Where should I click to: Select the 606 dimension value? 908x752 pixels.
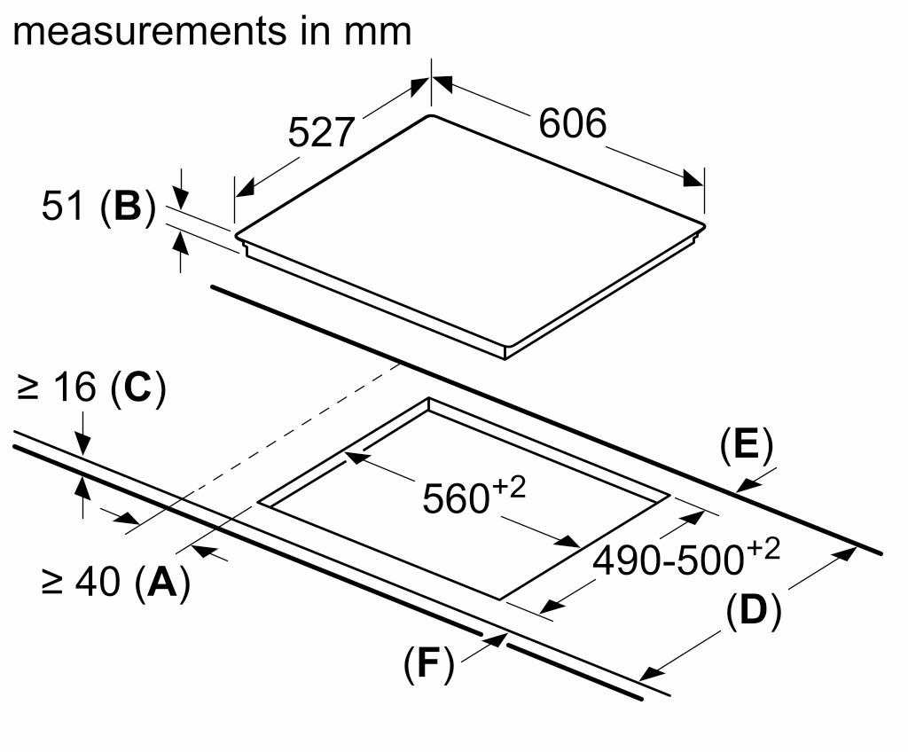[572, 123]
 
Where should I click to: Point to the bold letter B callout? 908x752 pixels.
[127, 207]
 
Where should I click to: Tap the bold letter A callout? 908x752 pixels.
[160, 583]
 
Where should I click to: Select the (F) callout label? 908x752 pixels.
[428, 664]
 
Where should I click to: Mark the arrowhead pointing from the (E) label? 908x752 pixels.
[747, 484]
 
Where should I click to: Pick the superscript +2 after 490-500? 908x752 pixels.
[763, 550]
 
